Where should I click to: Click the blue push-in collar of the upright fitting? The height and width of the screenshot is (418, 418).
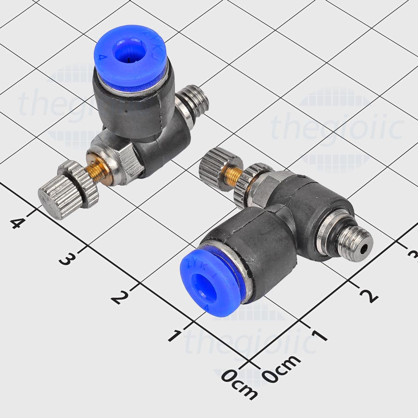click(130, 59)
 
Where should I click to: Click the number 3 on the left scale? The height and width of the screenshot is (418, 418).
click(65, 259)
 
